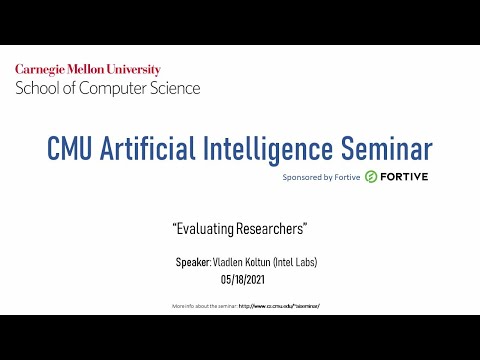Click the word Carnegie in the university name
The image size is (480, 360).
[x=44, y=69]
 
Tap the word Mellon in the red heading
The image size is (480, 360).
[x=98, y=69]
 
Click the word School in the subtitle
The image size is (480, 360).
[x=36, y=88]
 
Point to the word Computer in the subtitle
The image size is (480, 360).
[x=113, y=88]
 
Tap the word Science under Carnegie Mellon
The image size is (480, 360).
[x=174, y=88]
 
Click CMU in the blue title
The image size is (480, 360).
[x=76, y=149]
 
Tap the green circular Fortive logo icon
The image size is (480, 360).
[x=370, y=176]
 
